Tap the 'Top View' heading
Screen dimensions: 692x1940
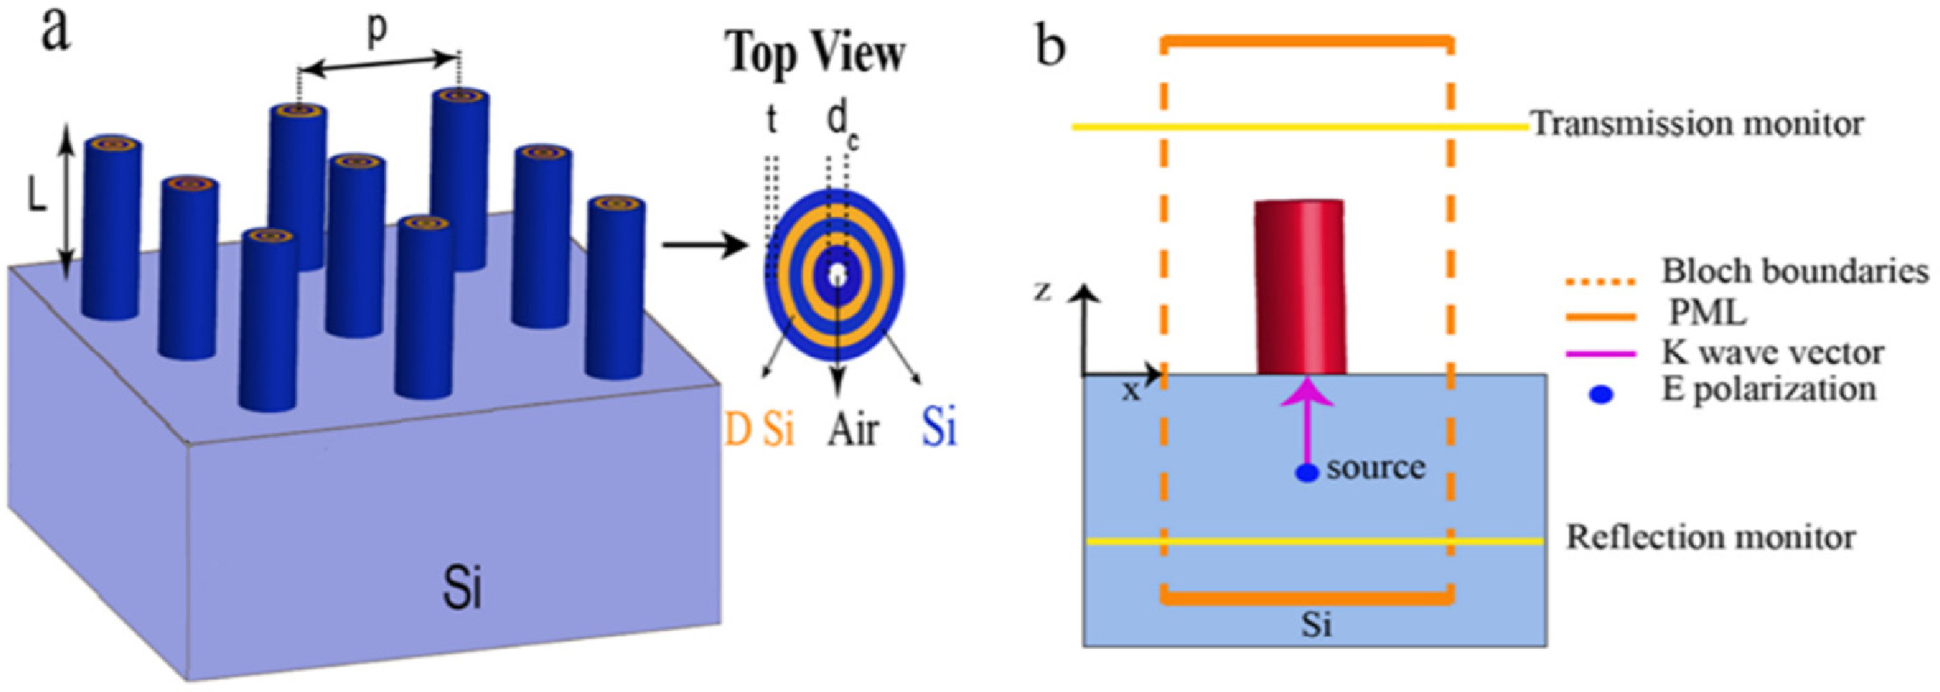pyautogui.click(x=815, y=53)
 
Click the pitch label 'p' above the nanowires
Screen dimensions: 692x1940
pyautogui.click(x=376, y=29)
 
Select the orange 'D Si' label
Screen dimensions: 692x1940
pyautogui.click(x=759, y=428)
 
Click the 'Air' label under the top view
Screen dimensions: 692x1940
pyautogui.click(x=852, y=429)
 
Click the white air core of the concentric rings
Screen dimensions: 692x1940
pyautogui.click(x=837, y=275)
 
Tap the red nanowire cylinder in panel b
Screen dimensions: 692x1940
pyautogui.click(x=1300, y=287)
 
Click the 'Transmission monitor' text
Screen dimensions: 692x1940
pyautogui.click(x=1697, y=125)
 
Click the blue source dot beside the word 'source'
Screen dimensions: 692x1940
pyautogui.click(x=1307, y=473)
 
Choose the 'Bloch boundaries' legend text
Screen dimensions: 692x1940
pyautogui.click(x=1794, y=271)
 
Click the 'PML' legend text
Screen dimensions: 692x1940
pyautogui.click(x=1708, y=313)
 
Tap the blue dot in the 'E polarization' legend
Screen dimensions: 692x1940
pyautogui.click(x=1601, y=394)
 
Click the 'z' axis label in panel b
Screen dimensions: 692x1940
pyautogui.click(x=1043, y=291)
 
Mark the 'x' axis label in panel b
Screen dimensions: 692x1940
pyautogui.click(x=1131, y=392)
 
